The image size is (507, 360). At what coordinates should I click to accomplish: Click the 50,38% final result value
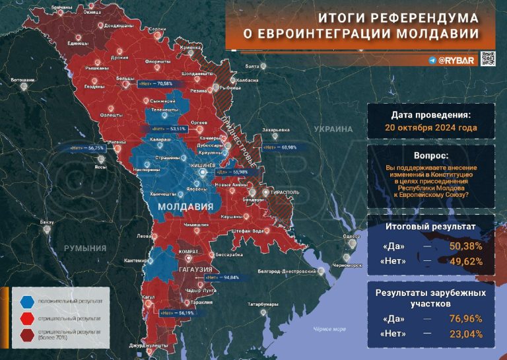pyautogui.click(x=466, y=246)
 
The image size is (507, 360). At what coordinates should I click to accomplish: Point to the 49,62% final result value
pyautogui.click(x=466, y=262)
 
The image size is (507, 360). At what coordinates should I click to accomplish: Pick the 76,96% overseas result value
pyautogui.click(x=466, y=319)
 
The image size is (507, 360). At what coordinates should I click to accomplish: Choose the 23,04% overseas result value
pyautogui.click(x=466, y=334)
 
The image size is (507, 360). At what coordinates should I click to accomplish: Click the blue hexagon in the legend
pyautogui.click(x=26, y=301)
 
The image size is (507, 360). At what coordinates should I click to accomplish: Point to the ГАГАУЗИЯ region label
pyautogui.click(x=193, y=270)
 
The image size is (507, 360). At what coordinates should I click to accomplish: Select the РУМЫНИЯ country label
pyautogui.click(x=84, y=248)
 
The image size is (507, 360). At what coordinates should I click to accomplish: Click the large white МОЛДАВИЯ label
pyautogui.click(x=185, y=207)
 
